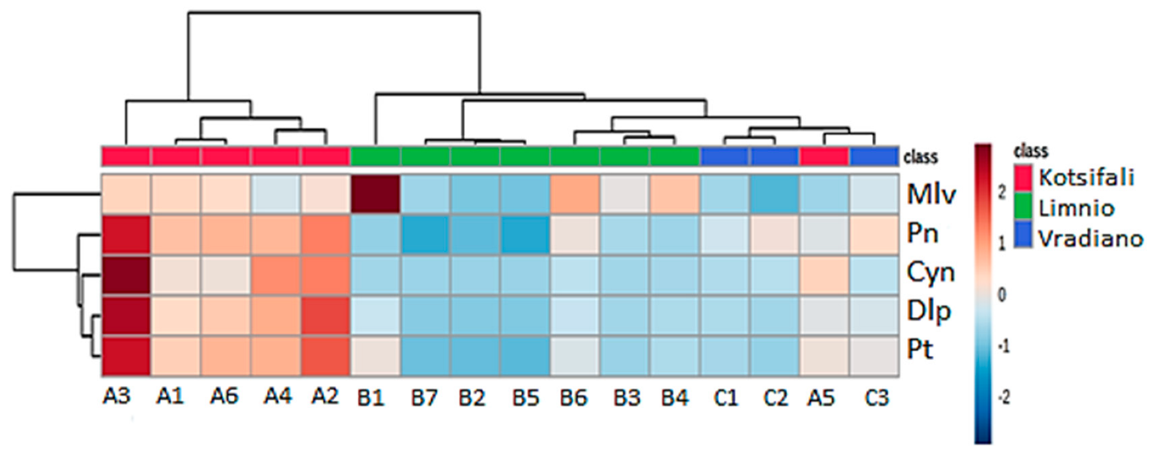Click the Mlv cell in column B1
[375, 194]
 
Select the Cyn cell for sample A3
[126, 275]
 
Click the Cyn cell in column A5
[824, 275]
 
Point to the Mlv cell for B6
[575, 194]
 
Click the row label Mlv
[931, 194]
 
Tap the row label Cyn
[930, 273]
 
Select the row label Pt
[920, 350]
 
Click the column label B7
[424, 398]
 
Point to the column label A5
[821, 398]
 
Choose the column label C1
[725, 398]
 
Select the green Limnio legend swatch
[1023, 207]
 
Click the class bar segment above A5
[824, 156]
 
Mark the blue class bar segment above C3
[874, 156]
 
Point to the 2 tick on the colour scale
[1001, 193]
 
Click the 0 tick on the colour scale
[1001, 295]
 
